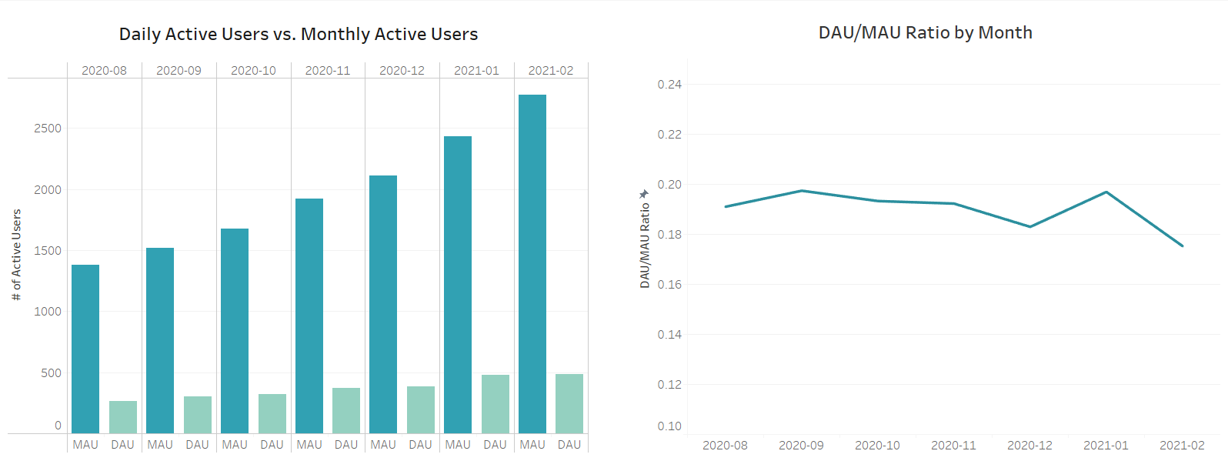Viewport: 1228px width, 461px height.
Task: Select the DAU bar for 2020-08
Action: [123, 417]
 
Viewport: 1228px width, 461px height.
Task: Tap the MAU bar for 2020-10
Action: [235, 331]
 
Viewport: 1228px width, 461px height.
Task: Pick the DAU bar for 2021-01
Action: [496, 404]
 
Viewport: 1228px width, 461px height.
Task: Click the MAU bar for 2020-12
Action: [383, 304]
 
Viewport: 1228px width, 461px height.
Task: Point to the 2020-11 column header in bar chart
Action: [328, 71]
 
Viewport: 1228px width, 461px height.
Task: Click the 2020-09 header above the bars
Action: [179, 71]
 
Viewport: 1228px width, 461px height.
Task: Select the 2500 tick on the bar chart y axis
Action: [48, 129]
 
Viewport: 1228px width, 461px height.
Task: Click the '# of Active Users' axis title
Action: [17, 255]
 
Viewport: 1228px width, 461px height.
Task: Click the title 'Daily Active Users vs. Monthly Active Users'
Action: [299, 35]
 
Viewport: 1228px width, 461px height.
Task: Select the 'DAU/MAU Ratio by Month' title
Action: [925, 33]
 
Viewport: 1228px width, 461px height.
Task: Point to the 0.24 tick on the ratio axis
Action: [669, 85]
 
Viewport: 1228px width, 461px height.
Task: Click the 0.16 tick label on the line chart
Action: [669, 285]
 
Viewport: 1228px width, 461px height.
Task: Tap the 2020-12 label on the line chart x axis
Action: [1029, 446]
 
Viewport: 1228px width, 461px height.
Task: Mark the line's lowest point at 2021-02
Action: [1182, 246]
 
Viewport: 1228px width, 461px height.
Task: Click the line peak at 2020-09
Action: [801, 191]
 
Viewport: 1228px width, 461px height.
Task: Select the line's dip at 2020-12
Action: [1029, 226]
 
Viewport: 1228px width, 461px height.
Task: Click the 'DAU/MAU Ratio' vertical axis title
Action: [645, 245]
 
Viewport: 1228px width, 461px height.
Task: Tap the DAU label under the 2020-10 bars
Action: [272, 445]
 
